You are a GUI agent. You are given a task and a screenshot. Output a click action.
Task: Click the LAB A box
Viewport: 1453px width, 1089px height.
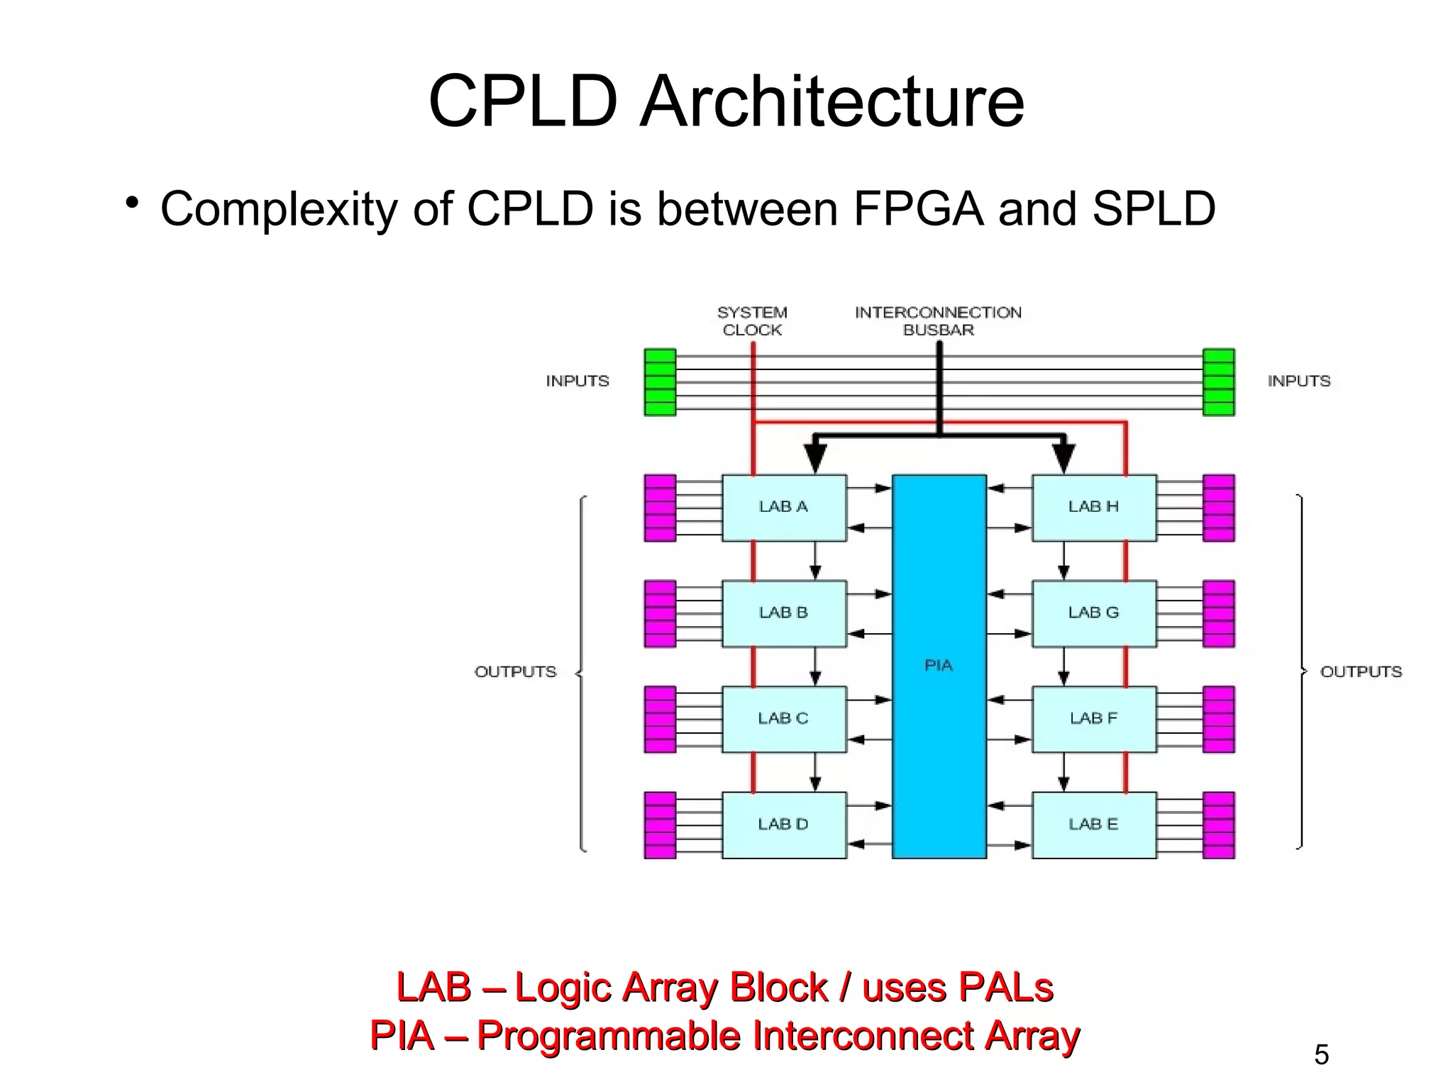click(x=784, y=508)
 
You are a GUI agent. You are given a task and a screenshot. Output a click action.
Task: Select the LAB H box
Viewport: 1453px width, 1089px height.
click(x=1093, y=508)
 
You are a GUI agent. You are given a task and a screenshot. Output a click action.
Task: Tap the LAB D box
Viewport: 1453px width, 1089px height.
click(x=784, y=825)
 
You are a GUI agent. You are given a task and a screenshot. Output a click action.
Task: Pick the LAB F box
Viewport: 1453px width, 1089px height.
click(x=1093, y=718)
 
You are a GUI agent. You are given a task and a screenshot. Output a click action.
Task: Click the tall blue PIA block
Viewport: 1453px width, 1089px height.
click(x=939, y=666)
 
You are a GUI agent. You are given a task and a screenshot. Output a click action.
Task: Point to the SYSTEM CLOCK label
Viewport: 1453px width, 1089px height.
click(x=752, y=321)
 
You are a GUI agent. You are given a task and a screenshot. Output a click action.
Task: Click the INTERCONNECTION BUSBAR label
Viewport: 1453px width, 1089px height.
click(x=938, y=321)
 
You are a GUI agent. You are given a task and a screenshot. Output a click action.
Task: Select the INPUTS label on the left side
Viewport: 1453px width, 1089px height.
click(x=578, y=381)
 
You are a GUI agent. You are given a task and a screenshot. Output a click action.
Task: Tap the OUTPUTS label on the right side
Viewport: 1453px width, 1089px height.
click(x=1361, y=671)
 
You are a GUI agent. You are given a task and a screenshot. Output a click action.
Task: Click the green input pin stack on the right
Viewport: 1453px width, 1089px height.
click(x=1219, y=382)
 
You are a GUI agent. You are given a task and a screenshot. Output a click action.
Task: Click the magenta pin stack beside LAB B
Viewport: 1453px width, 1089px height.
click(x=660, y=614)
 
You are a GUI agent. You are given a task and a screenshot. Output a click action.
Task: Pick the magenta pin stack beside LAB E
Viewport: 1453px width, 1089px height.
click(x=1219, y=825)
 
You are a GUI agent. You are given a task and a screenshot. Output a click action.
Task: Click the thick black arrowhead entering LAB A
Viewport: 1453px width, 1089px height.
click(x=815, y=457)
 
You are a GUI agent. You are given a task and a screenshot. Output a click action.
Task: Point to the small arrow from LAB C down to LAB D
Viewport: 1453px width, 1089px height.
click(x=815, y=773)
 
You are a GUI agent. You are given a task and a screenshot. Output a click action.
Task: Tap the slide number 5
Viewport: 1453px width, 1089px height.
click(x=1321, y=1055)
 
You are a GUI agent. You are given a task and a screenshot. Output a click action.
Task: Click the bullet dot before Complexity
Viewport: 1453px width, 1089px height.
click(x=131, y=203)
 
